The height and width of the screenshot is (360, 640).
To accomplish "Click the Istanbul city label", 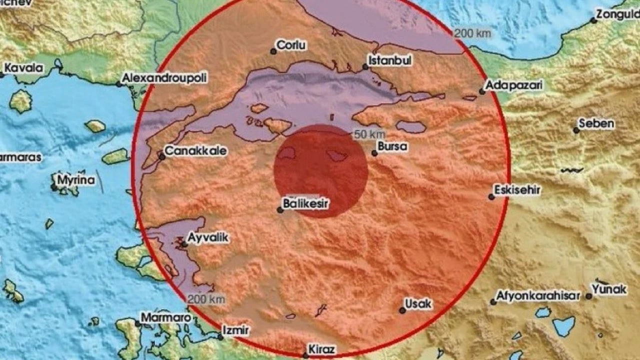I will (390, 60).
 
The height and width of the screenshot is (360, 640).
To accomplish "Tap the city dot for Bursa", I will (374, 153).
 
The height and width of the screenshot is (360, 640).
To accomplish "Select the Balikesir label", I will (306, 203).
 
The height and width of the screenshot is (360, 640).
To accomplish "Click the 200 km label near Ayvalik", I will (206, 299).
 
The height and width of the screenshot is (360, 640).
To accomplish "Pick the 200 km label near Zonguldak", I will (472, 34).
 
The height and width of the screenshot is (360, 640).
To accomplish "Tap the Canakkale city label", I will (196, 150).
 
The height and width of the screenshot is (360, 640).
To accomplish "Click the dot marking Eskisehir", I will (491, 197).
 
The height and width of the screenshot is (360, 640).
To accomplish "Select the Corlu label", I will (291, 45).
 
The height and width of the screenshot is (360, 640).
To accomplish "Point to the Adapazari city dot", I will (482, 91).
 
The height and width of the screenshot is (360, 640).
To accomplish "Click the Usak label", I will (418, 303).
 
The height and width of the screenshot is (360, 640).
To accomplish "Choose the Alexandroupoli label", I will (164, 77).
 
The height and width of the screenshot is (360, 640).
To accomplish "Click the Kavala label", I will (23, 68).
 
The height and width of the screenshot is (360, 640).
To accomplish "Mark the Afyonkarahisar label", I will (538, 295).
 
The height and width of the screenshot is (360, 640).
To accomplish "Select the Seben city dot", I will (576, 130).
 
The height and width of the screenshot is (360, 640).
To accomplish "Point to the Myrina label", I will (76, 179).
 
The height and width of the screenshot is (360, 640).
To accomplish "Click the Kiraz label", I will (322, 349).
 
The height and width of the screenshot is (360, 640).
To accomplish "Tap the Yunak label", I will (609, 289).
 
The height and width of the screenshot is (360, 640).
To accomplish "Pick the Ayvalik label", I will (209, 238).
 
